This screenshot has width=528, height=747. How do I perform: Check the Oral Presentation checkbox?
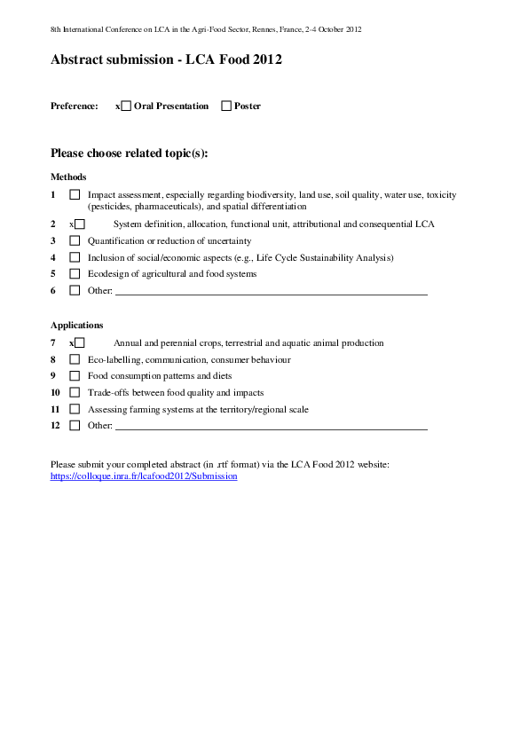pyautogui.click(x=126, y=106)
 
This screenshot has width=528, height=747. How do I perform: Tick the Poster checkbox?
pyautogui.click(x=226, y=106)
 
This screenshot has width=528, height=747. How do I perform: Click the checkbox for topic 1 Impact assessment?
pyautogui.click(x=75, y=194)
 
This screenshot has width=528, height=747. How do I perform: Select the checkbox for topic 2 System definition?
pyautogui.click(x=80, y=224)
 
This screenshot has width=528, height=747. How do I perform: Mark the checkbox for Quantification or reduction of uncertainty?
pyautogui.click(x=75, y=240)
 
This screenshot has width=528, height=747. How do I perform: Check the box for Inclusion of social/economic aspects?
pyautogui.click(x=75, y=257)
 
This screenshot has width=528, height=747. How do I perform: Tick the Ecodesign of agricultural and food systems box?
pyautogui.click(x=75, y=274)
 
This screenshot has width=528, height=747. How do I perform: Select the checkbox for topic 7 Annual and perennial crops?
pyautogui.click(x=80, y=342)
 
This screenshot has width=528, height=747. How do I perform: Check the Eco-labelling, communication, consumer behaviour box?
pyautogui.click(x=75, y=359)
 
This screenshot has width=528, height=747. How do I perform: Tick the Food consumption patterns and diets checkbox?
pyautogui.click(x=75, y=375)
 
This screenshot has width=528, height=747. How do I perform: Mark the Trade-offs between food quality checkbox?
pyautogui.click(x=75, y=392)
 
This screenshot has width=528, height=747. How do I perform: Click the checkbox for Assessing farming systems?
pyautogui.click(x=75, y=409)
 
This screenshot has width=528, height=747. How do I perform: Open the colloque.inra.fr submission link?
pyautogui.click(x=144, y=476)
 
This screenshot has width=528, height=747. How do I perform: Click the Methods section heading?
pyautogui.click(x=68, y=177)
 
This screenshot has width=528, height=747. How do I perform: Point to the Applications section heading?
pyautogui.click(x=76, y=326)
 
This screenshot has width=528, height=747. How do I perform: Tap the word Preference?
pyautogui.click(x=75, y=106)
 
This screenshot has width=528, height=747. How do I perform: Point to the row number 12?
pyautogui.click(x=55, y=426)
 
